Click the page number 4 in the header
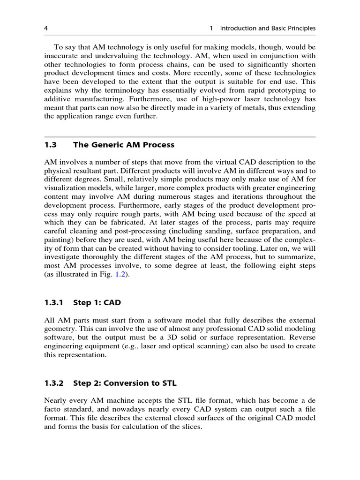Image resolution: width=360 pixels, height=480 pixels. pyautogui.click(x=46, y=29)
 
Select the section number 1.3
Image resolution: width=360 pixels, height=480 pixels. pyautogui.click(x=50, y=145)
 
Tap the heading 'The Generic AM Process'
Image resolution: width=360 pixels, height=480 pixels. pyautogui.click(x=124, y=145)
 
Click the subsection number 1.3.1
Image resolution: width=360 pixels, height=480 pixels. pyautogui.click(x=53, y=303)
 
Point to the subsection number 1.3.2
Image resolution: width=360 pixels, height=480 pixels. pyautogui.click(x=53, y=383)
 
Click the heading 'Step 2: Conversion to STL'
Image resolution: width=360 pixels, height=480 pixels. pyautogui.click(x=125, y=383)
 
